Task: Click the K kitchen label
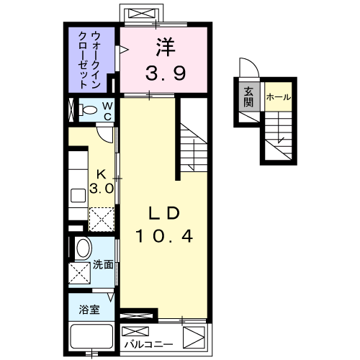point(102,174)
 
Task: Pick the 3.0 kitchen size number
point(102,189)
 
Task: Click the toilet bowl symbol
point(89,112)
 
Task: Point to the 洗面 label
point(103,265)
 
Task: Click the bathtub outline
point(91,337)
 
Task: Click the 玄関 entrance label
point(248,96)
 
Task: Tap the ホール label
point(278,96)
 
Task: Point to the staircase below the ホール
point(279,137)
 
